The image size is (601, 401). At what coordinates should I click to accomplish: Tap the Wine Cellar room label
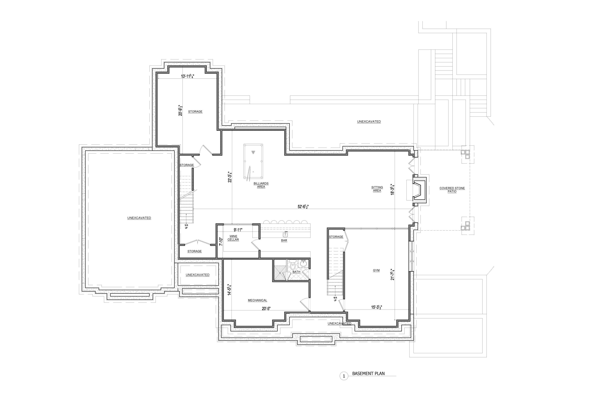pyautogui.click(x=233, y=238)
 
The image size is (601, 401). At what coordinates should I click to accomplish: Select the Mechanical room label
pyautogui.click(x=257, y=300)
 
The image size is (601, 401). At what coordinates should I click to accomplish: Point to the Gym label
pyautogui.click(x=376, y=270)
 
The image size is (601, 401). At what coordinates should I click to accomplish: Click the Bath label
pyautogui.click(x=296, y=272)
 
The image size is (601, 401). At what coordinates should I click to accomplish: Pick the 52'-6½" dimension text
pyautogui.click(x=303, y=207)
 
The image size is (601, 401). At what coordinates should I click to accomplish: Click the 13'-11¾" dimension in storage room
pyautogui.click(x=188, y=76)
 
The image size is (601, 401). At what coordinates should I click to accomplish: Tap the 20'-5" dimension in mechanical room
pyautogui.click(x=266, y=308)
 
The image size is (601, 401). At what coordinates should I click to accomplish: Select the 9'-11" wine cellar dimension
pyautogui.click(x=238, y=230)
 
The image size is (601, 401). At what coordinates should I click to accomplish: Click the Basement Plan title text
pyautogui.click(x=368, y=373)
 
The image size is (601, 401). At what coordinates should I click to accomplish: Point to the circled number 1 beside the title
pyautogui.click(x=344, y=376)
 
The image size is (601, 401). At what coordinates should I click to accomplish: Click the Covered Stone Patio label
pyautogui.click(x=452, y=190)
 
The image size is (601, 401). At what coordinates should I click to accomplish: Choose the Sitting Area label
pyautogui.click(x=377, y=189)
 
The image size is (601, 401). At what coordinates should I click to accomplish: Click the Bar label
pyautogui.click(x=284, y=240)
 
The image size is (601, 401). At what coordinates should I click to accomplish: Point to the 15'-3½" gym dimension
pyautogui.click(x=376, y=307)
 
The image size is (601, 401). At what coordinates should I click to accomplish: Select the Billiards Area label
pyautogui.click(x=261, y=185)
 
